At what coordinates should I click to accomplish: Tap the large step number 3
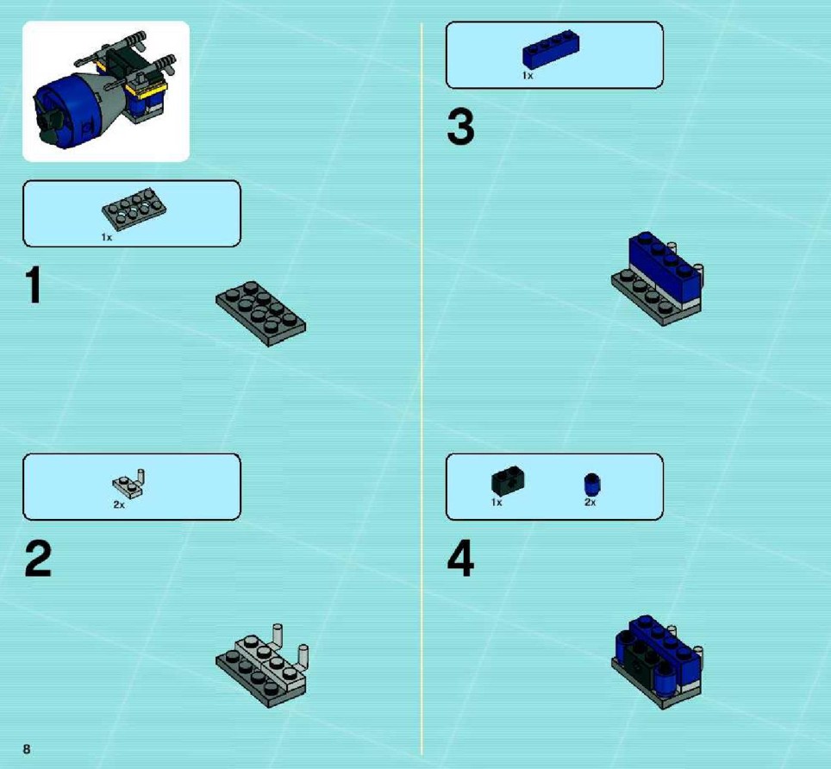click(x=460, y=127)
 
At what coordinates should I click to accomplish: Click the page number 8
click(x=27, y=749)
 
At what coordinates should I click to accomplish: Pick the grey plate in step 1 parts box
click(x=134, y=209)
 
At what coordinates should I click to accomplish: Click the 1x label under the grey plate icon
click(x=107, y=237)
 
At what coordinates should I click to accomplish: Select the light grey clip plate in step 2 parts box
click(x=128, y=484)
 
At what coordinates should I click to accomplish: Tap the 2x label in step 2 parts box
click(x=119, y=505)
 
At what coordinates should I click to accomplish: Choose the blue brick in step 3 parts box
click(x=551, y=49)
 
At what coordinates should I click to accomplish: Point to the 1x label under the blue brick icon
click(x=528, y=76)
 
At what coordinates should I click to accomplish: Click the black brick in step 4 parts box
click(x=508, y=481)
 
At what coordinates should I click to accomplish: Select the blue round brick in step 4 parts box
click(x=592, y=485)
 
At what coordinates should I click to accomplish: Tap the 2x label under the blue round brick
click(x=590, y=503)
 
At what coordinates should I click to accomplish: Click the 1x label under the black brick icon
click(x=497, y=503)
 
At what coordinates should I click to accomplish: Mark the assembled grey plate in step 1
click(x=260, y=314)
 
